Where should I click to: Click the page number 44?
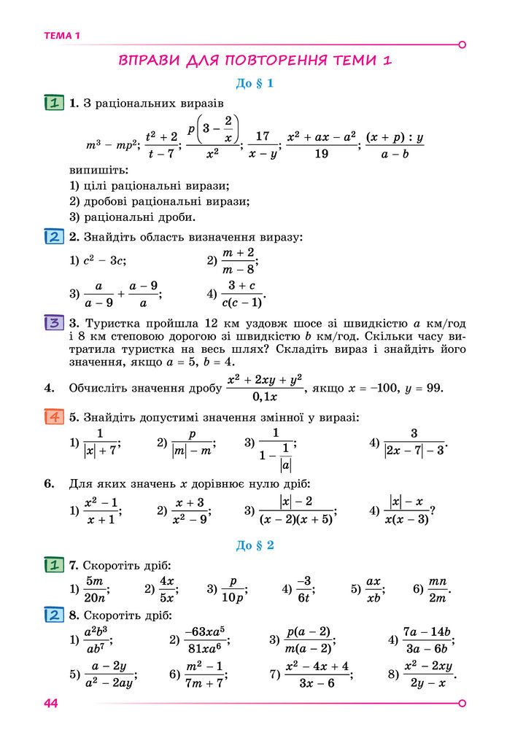point(50,703)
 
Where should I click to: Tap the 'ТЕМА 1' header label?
point(62,36)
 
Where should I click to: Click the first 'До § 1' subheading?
point(255,84)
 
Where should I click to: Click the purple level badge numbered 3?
point(54,323)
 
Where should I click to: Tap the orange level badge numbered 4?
point(54,418)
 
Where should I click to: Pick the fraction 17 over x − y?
point(263,144)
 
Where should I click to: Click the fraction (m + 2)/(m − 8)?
point(238,260)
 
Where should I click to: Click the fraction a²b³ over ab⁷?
point(96,640)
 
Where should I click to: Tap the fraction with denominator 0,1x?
point(264,389)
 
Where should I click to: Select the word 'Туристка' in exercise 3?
point(115,323)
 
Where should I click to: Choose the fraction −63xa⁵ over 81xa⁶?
point(205,640)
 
